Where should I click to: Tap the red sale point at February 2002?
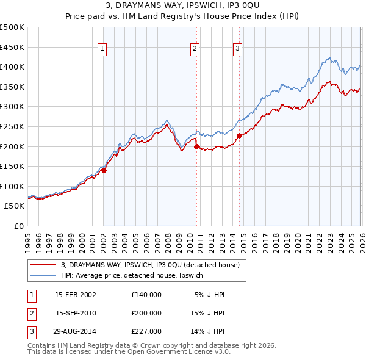click(x=104, y=171)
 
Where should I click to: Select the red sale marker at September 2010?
click(x=196, y=146)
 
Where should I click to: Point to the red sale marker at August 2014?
click(x=239, y=136)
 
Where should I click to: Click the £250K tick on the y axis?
click(x=12, y=126)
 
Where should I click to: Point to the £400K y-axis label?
click(x=12, y=67)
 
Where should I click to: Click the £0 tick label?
click(x=18, y=226)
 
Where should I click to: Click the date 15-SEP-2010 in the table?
click(x=76, y=313)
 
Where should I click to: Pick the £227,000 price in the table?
click(x=146, y=331)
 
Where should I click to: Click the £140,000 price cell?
click(x=146, y=295)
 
